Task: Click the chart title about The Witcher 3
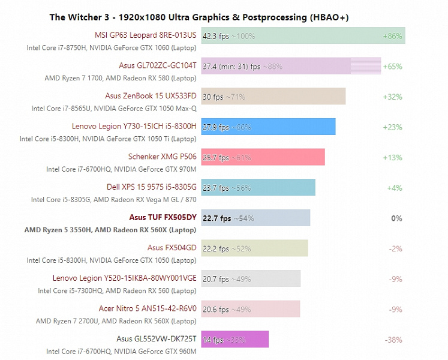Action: coord(199,17)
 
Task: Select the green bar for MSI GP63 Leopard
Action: coord(303,36)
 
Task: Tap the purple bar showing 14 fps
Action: coord(234,340)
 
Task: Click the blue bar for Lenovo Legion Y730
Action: coord(268,127)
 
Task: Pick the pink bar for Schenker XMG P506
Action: coord(263,157)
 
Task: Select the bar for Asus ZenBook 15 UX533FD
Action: coord(273,97)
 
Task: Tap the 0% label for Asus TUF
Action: coord(396,218)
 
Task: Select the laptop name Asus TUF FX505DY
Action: coord(163,218)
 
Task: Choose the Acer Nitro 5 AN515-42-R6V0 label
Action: coord(148,309)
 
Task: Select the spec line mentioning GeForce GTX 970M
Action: coord(121,169)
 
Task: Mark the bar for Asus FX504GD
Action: coord(254,248)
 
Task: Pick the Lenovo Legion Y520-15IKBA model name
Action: coord(124,278)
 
